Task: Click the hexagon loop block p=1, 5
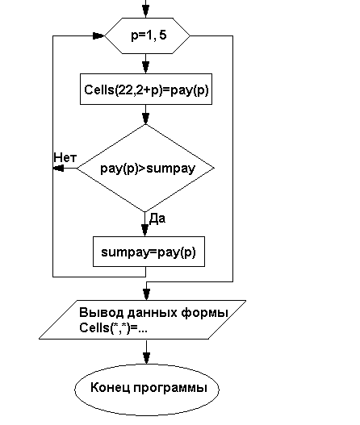coord(147,35)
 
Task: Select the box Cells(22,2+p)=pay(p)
coord(146,89)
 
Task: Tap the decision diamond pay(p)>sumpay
coord(145,168)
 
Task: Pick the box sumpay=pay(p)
coord(149,252)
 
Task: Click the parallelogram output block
coord(142,319)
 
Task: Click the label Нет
coord(65,157)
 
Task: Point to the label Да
coord(157,219)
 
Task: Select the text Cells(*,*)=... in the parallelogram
coord(113,328)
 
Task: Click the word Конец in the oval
coord(110,388)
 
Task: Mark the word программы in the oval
coord(170,389)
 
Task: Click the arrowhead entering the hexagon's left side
coord(98,35)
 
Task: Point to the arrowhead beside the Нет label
coord(59,169)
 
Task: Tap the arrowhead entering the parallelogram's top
coord(146,294)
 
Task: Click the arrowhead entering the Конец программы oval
coord(146,358)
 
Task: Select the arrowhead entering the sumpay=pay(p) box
coord(145,231)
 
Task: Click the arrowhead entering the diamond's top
coord(145,119)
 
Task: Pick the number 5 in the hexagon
coord(163,35)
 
